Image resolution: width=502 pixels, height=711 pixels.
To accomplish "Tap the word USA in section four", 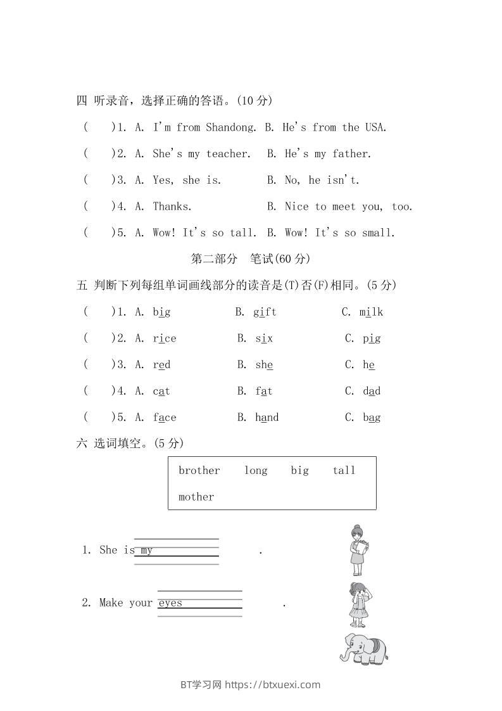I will pyautogui.click(x=375, y=127).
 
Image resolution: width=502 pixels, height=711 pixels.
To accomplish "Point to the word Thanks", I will pyautogui.click(x=172, y=207).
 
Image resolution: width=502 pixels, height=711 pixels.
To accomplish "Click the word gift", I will pyautogui.click(x=265, y=312).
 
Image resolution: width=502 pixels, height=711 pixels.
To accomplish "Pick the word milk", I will pyautogui.click(x=371, y=312).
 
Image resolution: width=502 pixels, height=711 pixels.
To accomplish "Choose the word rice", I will pyautogui.click(x=165, y=338).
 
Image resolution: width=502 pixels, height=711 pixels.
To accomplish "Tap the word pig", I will pyautogui.click(x=372, y=338).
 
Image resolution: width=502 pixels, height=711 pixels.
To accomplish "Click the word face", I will pyautogui.click(x=165, y=418).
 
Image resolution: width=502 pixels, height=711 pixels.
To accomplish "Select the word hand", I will pyautogui.click(x=267, y=418).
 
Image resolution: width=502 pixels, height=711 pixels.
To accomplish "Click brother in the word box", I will pyautogui.click(x=199, y=470).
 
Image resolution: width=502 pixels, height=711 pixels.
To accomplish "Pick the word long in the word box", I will pyautogui.click(x=256, y=470).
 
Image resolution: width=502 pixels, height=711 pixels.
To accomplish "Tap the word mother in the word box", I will pyautogui.click(x=196, y=497).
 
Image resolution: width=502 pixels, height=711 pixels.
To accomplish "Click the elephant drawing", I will pyautogui.click(x=363, y=649).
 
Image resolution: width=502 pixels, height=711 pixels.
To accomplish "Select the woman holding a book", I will pyautogui.click(x=359, y=549).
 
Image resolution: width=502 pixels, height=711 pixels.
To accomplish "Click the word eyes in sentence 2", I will pyautogui.click(x=170, y=603).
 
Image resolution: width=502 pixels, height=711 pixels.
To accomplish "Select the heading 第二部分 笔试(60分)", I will pyautogui.click(x=250, y=259).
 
